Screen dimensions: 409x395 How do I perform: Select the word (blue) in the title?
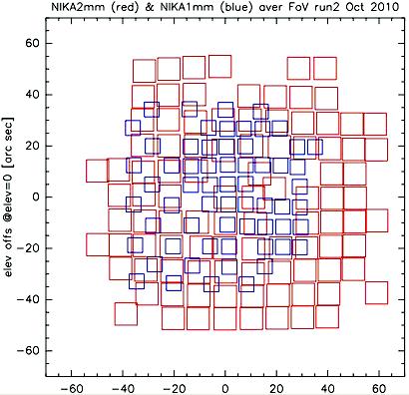(x=236, y=7)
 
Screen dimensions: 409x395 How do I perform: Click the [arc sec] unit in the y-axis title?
(x=9, y=144)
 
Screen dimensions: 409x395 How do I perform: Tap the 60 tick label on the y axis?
(x=33, y=44)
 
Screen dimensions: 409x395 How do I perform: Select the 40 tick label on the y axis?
(x=33, y=95)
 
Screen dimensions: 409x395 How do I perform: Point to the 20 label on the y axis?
(x=33, y=146)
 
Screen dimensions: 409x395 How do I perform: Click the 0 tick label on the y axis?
(x=37, y=197)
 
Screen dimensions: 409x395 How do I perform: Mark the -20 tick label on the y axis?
(x=29, y=248)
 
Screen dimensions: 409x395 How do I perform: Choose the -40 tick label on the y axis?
(x=29, y=299)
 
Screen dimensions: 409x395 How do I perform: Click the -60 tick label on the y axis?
(x=29, y=351)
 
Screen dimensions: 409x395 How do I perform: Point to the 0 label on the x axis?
(x=225, y=388)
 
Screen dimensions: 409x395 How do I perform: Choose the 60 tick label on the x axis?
(x=379, y=388)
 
